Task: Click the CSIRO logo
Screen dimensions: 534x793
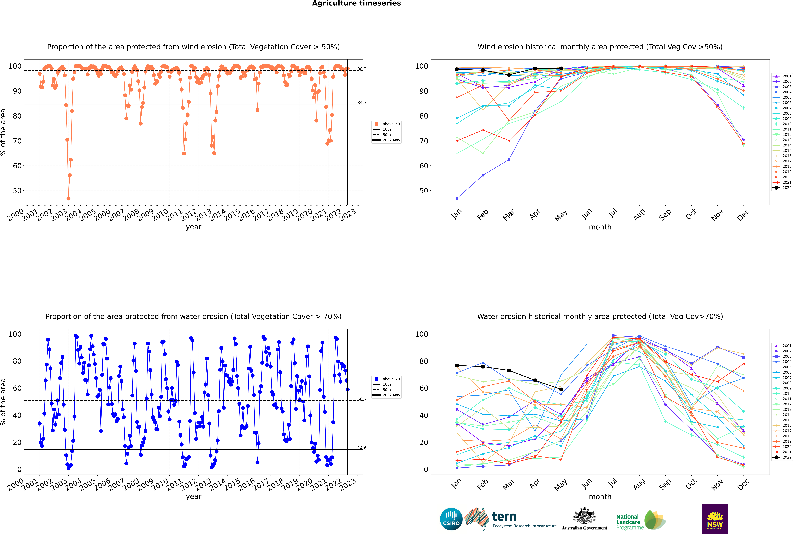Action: [x=451, y=519]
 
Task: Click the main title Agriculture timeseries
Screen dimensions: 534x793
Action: [x=356, y=3]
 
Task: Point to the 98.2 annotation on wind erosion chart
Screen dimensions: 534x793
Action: [x=362, y=69]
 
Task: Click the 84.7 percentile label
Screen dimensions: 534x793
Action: [x=362, y=103]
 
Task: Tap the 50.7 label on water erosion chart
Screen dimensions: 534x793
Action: [x=362, y=399]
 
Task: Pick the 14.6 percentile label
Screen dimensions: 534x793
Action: [x=362, y=448]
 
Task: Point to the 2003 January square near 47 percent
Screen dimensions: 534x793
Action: [x=457, y=198]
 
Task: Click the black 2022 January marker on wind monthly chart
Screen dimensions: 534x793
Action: [x=457, y=69]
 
